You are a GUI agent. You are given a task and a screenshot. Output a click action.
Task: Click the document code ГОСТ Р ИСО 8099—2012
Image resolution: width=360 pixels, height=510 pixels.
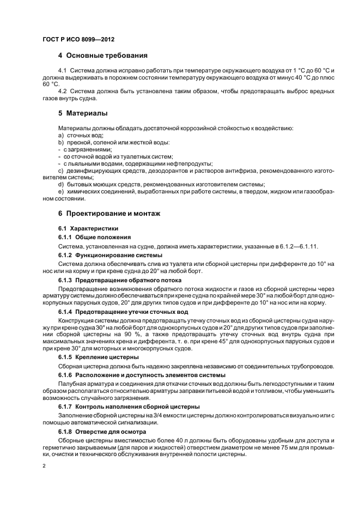coord(78,40)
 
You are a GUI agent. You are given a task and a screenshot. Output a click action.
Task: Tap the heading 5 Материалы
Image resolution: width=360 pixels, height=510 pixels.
coord(83,113)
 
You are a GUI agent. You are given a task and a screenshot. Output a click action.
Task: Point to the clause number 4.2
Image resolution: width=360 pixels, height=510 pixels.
coord(62,91)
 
